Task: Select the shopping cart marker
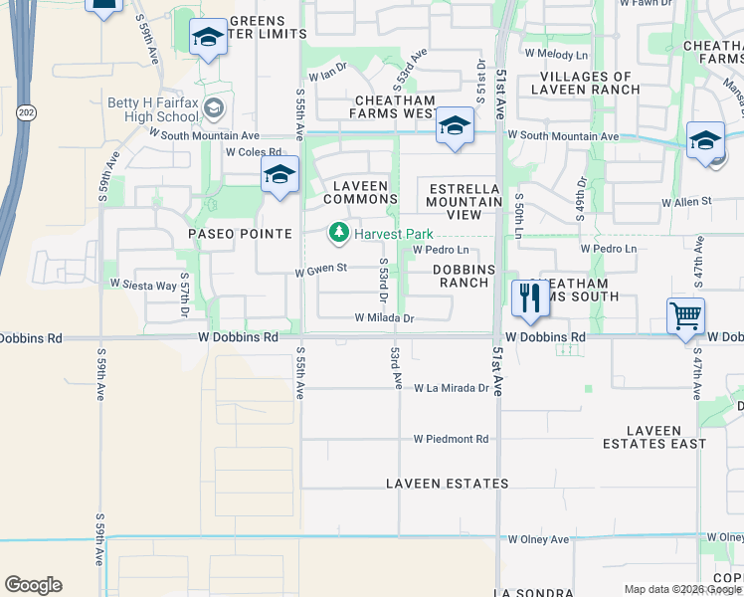685,315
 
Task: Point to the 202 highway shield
22,114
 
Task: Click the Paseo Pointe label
241,234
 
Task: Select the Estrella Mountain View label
465,195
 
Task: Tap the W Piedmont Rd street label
452,439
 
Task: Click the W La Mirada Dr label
453,388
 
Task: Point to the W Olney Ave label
538,539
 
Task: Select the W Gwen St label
320,269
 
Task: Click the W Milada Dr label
384,318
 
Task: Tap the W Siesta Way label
142,285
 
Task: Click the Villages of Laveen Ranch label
590,83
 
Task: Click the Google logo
33,585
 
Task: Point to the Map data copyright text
682,589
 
